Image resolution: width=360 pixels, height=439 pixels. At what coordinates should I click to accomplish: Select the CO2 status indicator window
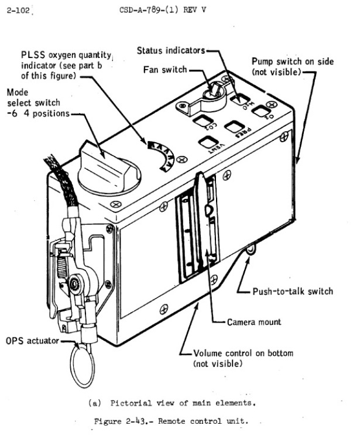click(x=204, y=121)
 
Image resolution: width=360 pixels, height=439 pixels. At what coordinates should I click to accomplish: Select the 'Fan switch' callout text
click(x=165, y=70)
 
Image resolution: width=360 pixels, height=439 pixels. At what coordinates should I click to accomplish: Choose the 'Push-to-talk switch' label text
click(x=293, y=291)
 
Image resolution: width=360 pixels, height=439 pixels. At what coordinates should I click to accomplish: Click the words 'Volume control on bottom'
click(x=243, y=353)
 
